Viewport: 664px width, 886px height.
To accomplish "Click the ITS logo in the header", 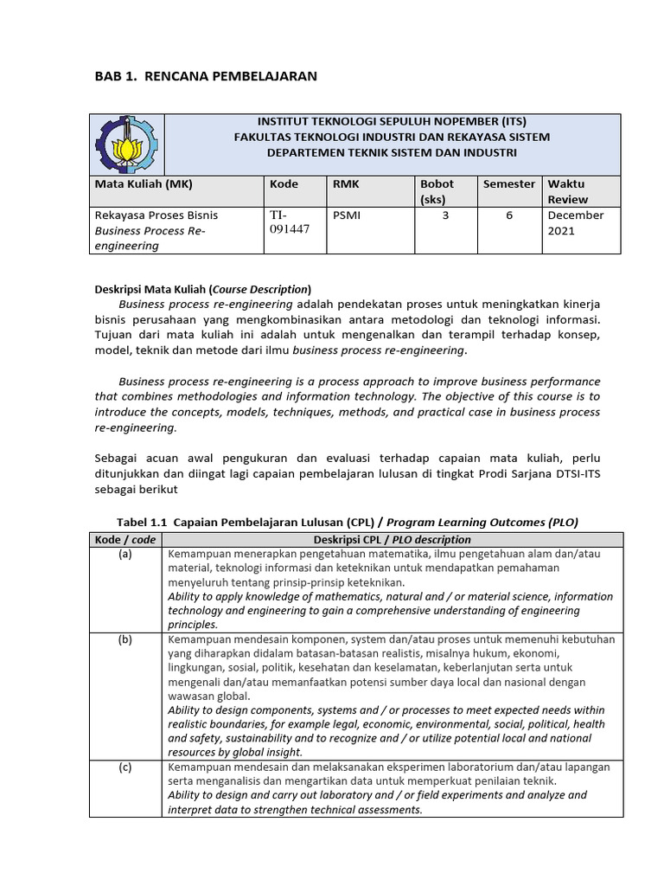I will (x=128, y=144).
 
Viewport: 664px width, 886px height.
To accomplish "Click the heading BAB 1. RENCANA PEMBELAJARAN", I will (x=205, y=76).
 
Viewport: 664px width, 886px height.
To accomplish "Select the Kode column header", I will (x=284, y=184).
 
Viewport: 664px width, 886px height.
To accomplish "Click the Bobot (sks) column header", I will (x=437, y=191).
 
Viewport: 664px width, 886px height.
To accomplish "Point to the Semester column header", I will (x=509, y=184).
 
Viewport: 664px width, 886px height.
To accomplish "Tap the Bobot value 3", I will (x=445, y=215).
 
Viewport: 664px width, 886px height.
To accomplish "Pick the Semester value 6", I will (x=510, y=215).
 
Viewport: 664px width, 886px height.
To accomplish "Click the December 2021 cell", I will (x=575, y=222).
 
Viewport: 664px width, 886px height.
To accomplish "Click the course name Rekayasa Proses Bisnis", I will (x=156, y=215).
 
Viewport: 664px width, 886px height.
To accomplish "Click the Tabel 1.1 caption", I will (x=347, y=522).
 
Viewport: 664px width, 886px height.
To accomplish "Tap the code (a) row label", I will (x=125, y=555).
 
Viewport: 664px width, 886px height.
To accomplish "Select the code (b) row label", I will (x=125, y=639).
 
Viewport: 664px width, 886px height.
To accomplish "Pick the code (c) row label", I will (x=125, y=767).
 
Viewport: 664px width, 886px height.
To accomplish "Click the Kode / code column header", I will (x=125, y=539).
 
